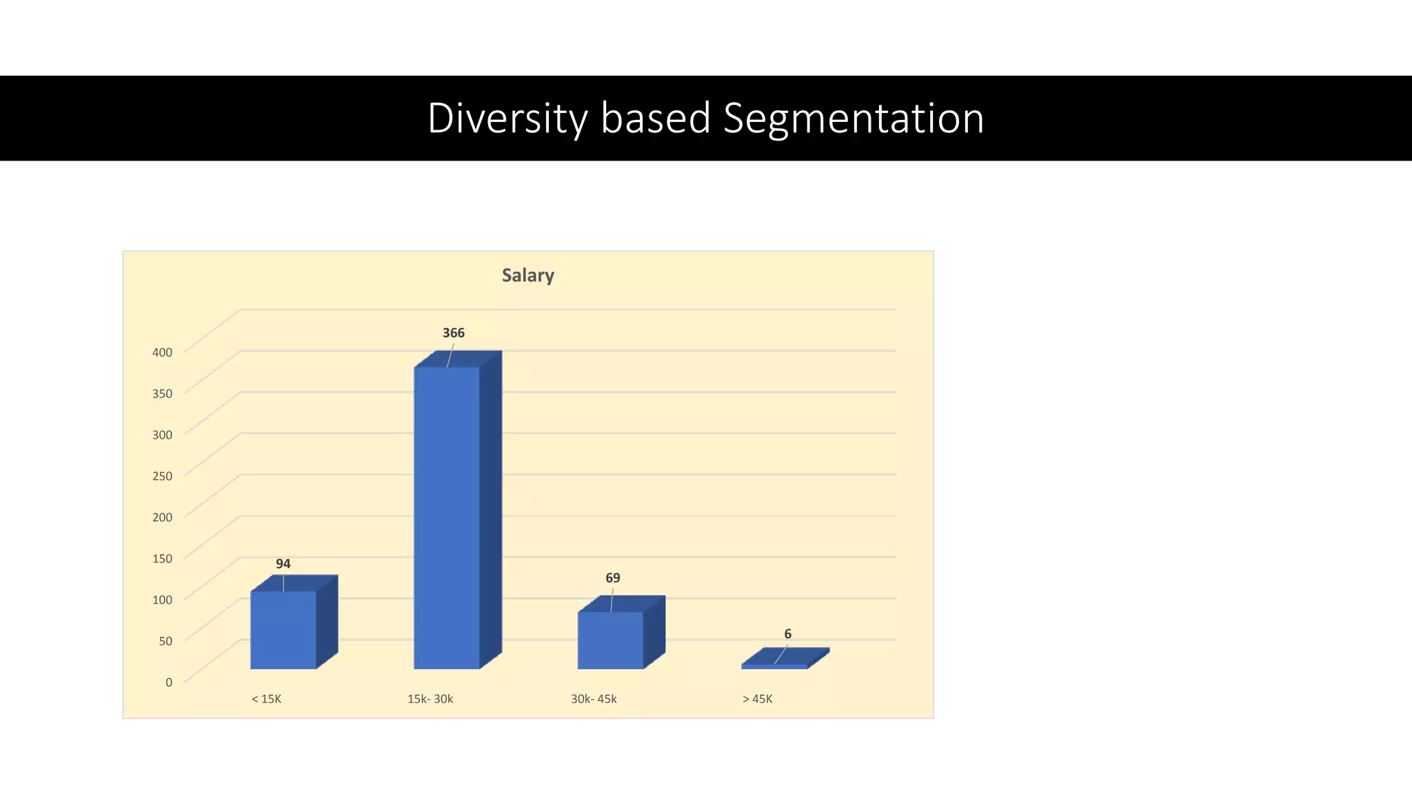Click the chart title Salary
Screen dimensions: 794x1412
click(527, 275)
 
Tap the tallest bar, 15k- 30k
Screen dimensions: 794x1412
click(447, 517)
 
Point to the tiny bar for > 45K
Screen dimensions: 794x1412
click(775, 666)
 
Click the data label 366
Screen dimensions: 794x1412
click(453, 333)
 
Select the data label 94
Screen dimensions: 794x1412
click(283, 564)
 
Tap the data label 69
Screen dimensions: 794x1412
click(612, 578)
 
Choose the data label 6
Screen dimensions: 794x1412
click(787, 634)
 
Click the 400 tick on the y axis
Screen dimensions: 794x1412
click(162, 352)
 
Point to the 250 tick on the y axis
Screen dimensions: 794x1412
click(162, 476)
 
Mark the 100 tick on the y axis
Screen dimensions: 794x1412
click(162, 600)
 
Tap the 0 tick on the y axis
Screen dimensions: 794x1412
click(168, 682)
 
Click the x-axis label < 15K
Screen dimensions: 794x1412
click(266, 699)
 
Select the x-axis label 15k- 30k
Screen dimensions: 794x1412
click(430, 699)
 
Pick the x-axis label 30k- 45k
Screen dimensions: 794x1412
click(594, 699)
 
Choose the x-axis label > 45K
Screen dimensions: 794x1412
click(757, 699)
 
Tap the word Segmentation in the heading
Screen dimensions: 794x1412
click(854, 118)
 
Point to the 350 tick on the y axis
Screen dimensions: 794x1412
click(162, 394)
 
